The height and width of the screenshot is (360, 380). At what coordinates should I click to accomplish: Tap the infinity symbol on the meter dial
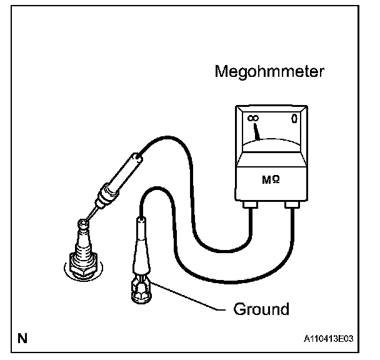coord(254,118)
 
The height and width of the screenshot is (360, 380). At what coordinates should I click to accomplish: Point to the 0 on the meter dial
coord(294,118)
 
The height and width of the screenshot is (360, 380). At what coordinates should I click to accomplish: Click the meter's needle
coord(257,131)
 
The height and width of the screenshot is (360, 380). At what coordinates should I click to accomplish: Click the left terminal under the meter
coord(251,204)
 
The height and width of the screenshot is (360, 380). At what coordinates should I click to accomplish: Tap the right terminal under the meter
coord(291,204)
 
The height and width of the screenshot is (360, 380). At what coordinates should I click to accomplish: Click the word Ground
coord(261,309)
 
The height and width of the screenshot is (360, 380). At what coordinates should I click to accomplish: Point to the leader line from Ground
coord(187,297)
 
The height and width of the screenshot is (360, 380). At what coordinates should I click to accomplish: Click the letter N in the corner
coord(23,339)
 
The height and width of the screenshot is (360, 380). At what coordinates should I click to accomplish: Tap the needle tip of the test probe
coord(87,218)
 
